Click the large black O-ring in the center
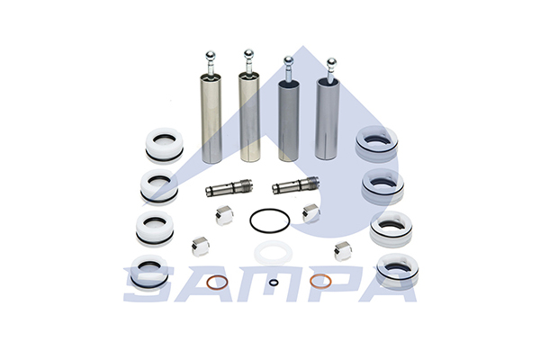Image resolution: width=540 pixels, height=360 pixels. tap(250, 220)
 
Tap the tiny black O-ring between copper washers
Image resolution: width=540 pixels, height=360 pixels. tap(273, 282)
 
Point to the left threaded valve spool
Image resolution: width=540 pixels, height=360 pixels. tap(229, 187)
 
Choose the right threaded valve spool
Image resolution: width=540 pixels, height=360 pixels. tap(295, 185)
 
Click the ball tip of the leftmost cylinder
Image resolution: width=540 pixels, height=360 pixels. tap(210, 56)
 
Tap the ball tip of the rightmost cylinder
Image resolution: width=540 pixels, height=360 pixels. tap(331, 62)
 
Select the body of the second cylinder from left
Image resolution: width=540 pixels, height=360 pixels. tap(249, 117)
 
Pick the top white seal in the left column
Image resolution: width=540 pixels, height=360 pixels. tap(165, 145)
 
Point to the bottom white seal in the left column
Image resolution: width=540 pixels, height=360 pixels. tap(148, 272)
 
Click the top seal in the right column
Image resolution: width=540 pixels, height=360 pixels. tap(376, 143)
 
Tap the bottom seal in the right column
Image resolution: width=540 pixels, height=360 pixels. tap(397, 270)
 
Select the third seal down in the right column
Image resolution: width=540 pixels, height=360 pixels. tap(391, 229)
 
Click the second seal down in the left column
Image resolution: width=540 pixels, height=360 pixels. tap(159, 186)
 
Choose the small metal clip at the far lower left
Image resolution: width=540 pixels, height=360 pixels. tap(201, 247)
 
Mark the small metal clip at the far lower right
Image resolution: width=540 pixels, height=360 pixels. tap(343, 251)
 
